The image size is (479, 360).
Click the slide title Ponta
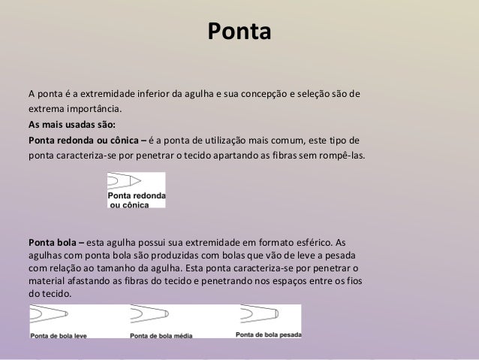tap(239, 33)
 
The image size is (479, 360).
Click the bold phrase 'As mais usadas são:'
tap(73, 125)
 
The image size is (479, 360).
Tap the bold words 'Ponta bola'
tap(54, 244)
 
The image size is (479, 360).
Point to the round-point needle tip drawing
tap(125, 182)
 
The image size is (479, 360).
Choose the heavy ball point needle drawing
tap(259, 313)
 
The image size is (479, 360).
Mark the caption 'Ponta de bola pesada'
tap(268, 333)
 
